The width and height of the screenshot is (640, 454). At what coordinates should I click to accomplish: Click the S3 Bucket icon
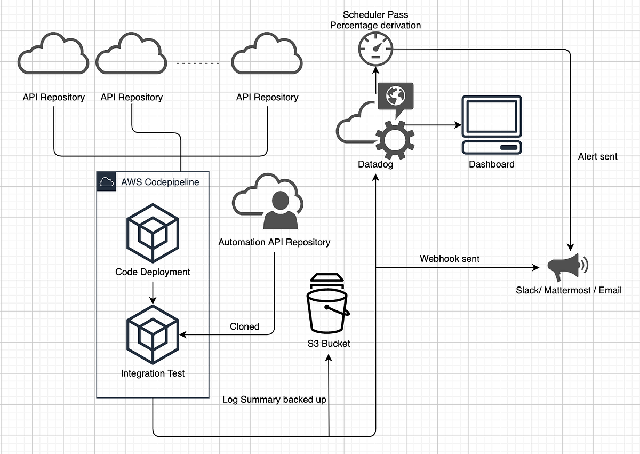(327, 304)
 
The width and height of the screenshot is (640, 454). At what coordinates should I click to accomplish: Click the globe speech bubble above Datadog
(395, 97)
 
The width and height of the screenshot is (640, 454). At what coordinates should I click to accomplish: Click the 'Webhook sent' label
(449, 259)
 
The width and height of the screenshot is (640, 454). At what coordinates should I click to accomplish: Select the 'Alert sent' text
(597, 156)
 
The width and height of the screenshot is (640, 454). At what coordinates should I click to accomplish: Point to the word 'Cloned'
(244, 326)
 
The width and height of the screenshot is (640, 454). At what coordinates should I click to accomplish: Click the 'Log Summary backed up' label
(274, 400)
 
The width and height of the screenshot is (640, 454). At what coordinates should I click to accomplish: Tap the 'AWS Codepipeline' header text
(160, 182)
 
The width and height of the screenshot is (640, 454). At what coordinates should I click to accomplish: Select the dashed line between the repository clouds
(197, 63)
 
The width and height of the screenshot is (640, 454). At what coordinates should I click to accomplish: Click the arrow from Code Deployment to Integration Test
(153, 292)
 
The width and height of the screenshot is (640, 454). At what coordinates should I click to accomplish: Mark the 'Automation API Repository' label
(274, 242)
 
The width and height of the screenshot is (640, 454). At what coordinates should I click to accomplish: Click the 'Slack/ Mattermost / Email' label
(569, 291)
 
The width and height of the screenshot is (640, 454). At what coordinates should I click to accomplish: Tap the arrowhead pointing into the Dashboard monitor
(458, 125)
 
